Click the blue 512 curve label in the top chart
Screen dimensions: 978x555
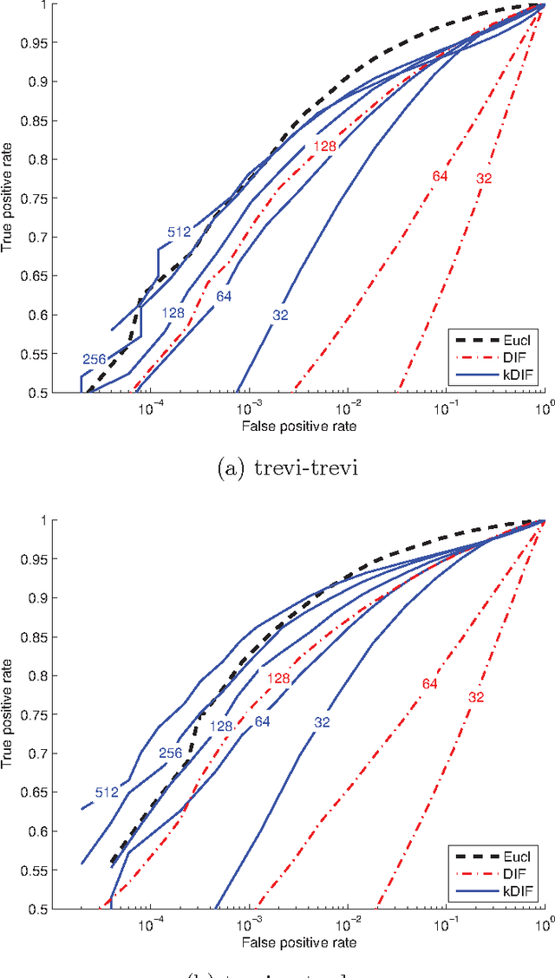(180, 231)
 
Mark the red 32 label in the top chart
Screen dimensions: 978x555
(485, 179)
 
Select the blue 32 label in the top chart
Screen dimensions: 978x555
(280, 315)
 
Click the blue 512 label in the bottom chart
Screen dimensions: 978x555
(107, 792)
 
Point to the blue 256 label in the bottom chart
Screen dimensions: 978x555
(171, 753)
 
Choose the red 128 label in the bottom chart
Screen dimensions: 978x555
(277, 678)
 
